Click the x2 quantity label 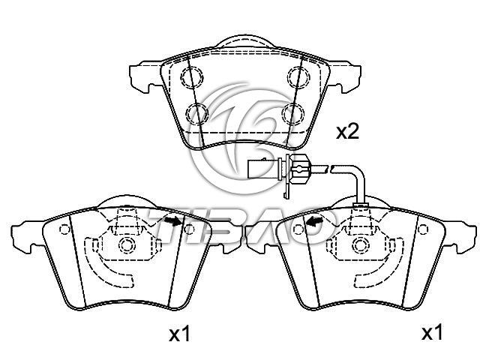click(347, 133)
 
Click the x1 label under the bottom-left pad click(180, 334)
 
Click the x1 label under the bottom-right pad click(432, 332)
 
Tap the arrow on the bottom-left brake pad click(173, 220)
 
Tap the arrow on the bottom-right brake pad click(314, 220)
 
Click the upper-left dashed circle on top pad click(192, 76)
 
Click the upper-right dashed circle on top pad click(298, 76)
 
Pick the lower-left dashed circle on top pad click(197, 113)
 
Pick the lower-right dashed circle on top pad click(293, 113)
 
